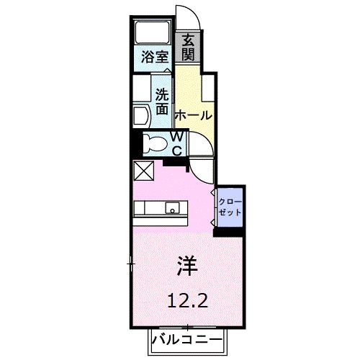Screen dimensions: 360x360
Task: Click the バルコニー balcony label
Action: (188, 339)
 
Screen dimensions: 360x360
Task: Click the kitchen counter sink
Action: (173, 209)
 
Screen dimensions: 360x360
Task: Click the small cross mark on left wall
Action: (131, 265)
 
